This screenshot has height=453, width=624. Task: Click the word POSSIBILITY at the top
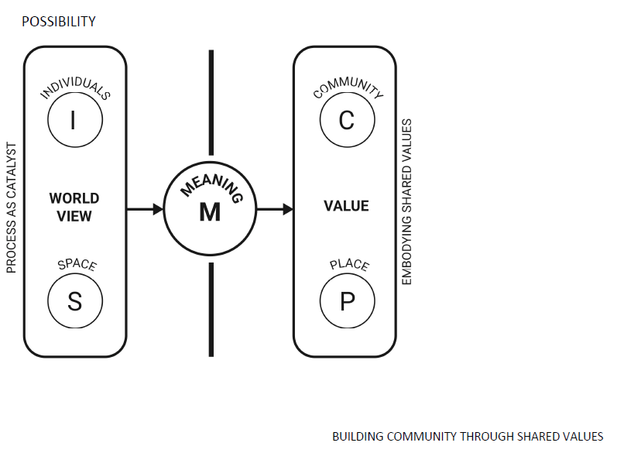tap(59, 22)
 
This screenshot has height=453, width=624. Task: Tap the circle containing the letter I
tap(74, 120)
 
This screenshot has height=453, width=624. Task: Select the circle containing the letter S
tap(74, 300)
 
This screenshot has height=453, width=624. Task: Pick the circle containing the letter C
tap(347, 120)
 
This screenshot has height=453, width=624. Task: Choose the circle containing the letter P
tap(347, 300)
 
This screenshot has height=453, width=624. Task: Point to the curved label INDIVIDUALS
tap(75, 89)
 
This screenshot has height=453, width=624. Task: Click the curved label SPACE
tap(77, 265)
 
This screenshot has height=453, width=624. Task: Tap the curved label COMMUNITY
tap(348, 89)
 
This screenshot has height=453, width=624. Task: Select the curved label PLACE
tap(349, 265)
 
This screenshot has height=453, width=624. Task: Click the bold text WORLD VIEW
tap(74, 207)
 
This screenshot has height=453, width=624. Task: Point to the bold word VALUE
tap(346, 206)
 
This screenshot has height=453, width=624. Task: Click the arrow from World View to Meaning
tap(145, 208)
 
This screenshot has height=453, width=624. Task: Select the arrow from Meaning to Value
tap(275, 208)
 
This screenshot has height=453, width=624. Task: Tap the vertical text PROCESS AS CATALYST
tap(12, 207)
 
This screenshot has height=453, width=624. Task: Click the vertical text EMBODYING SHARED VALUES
tap(407, 202)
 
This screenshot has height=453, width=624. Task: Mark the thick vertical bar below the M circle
tap(211, 310)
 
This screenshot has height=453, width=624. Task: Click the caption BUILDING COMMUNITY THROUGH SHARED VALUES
tap(468, 437)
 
